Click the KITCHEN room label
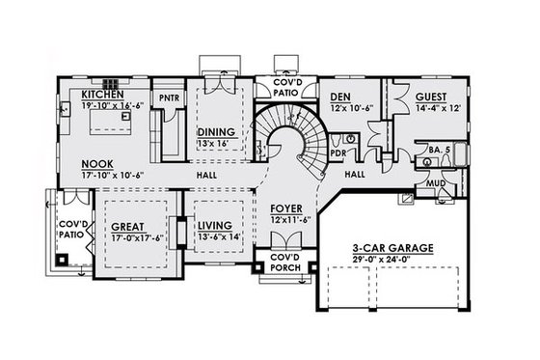coord(102,96)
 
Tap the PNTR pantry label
coord(171,97)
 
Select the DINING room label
coord(213,132)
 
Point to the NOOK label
coord(98,163)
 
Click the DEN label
coord(339,97)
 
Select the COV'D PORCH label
coord(283,263)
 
